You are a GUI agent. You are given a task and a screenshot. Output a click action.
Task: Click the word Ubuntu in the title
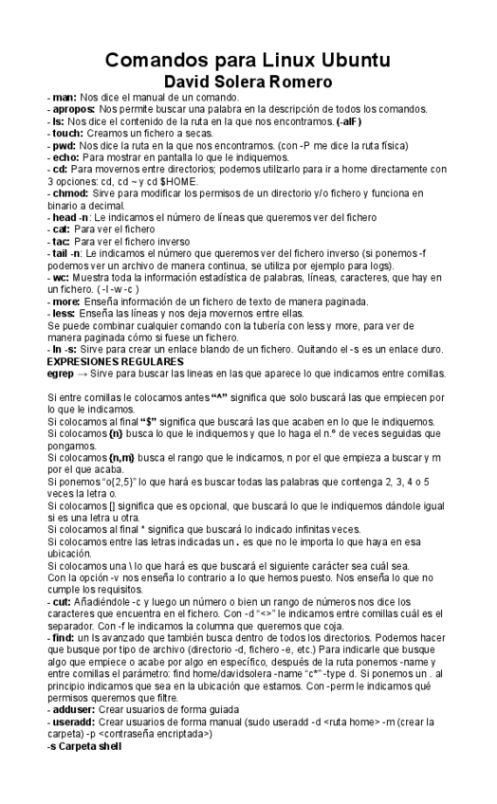347,61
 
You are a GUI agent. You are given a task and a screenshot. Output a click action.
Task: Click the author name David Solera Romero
248,82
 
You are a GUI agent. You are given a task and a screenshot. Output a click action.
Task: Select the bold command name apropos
73,110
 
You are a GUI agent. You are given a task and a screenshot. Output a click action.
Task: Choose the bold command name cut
64,602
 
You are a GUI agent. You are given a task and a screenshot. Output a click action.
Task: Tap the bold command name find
64,638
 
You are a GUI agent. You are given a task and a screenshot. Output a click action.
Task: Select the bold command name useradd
75,722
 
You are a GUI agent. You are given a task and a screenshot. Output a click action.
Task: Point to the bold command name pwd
64,146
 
